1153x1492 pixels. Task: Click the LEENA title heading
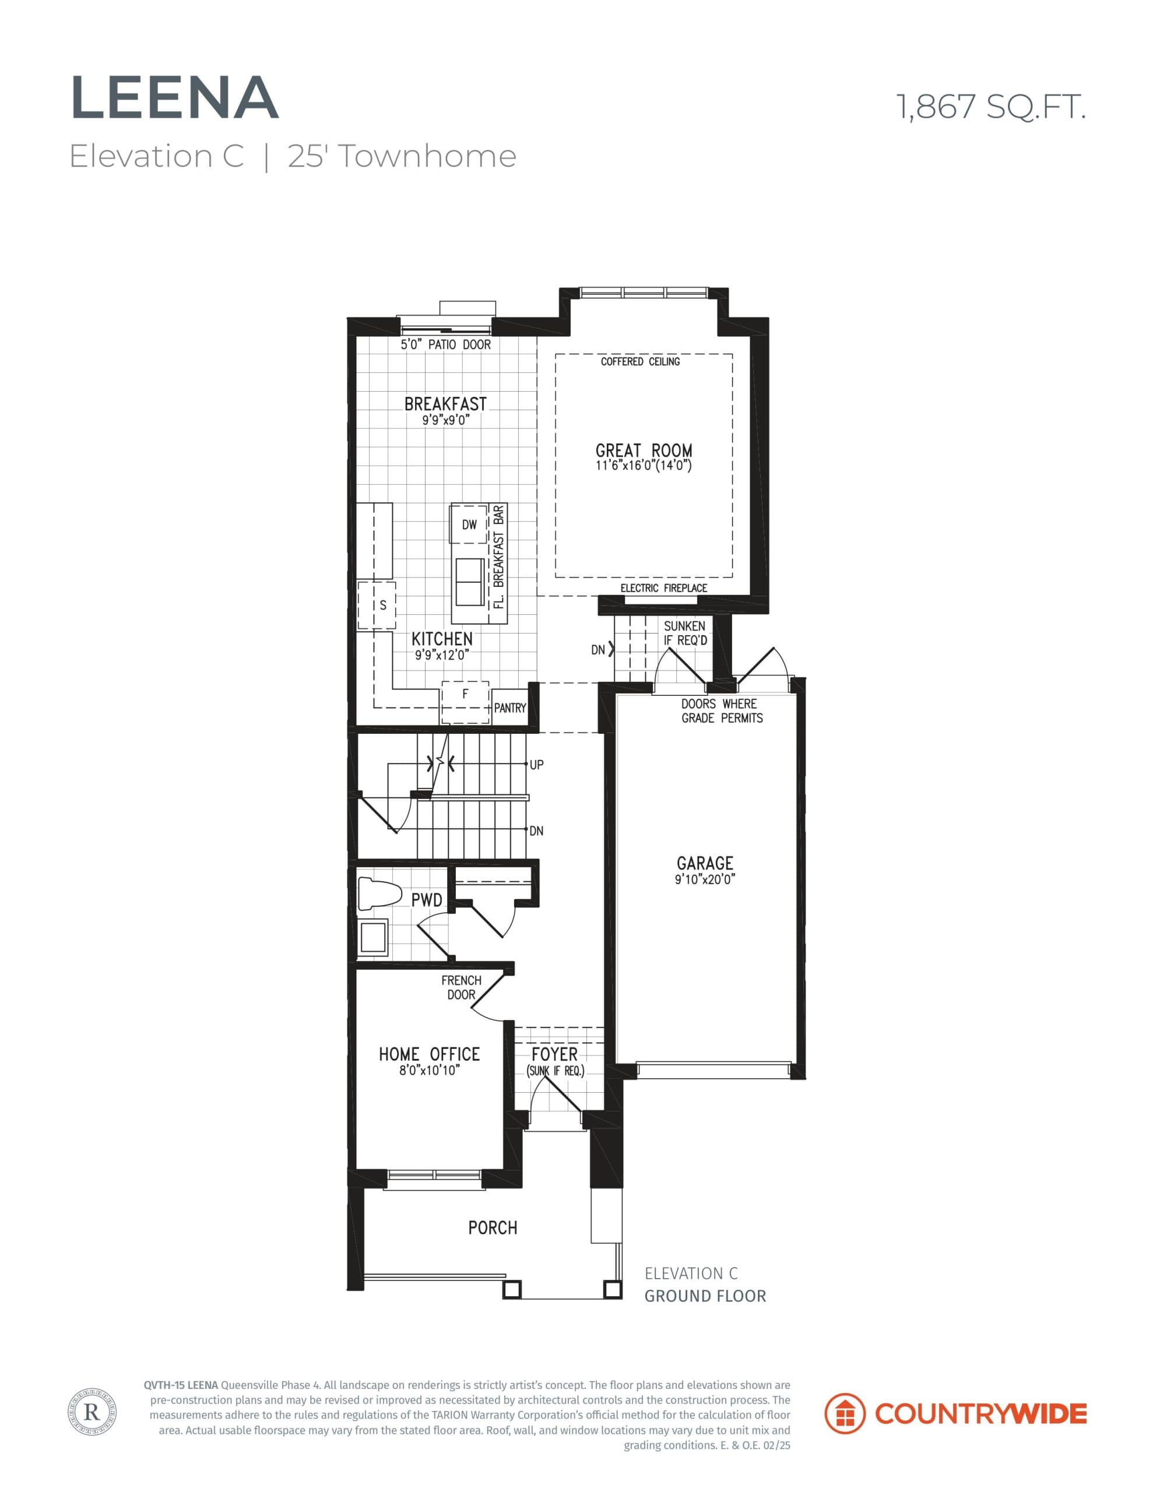pyautogui.click(x=174, y=98)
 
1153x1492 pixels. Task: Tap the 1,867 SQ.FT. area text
pyautogui.click(x=990, y=107)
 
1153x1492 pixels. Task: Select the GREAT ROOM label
pyautogui.click(x=643, y=451)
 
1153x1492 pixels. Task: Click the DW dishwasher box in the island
pyautogui.click(x=469, y=525)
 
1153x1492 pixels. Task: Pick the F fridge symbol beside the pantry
pyautogui.click(x=465, y=695)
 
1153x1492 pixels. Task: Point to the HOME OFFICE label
pyautogui.click(x=429, y=1054)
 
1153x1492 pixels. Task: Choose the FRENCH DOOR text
pyautogui.click(x=461, y=987)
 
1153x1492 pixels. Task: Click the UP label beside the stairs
pyautogui.click(x=536, y=765)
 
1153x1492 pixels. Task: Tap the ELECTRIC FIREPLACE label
pyautogui.click(x=663, y=588)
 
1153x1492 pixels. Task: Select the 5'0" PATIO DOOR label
pyautogui.click(x=445, y=345)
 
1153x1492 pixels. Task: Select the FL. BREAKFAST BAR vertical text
pyautogui.click(x=499, y=557)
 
